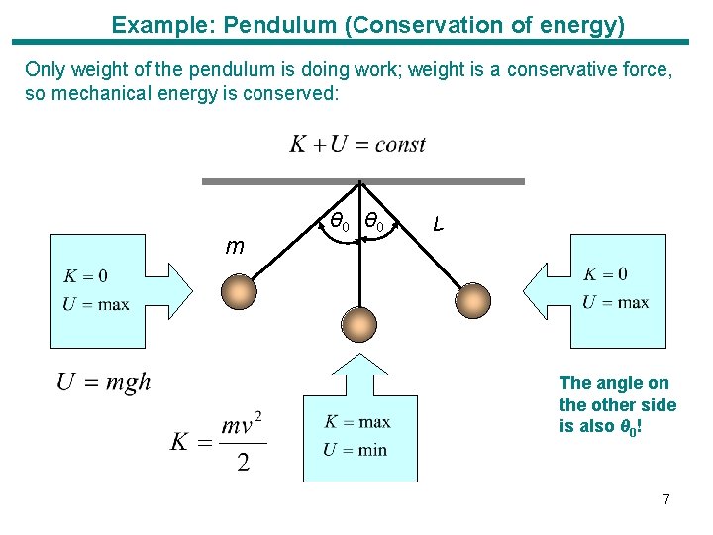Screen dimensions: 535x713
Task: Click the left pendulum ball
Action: pyautogui.click(x=240, y=294)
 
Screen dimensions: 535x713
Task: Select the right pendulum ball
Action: pyautogui.click(x=472, y=297)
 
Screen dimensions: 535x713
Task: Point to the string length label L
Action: pyautogui.click(x=438, y=224)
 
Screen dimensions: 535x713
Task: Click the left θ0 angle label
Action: pyautogui.click(x=339, y=221)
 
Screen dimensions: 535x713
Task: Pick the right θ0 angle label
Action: pyautogui.click(x=374, y=221)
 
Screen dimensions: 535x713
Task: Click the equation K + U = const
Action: pyautogui.click(x=357, y=145)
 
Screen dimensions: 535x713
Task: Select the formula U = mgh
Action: pyautogui.click(x=104, y=382)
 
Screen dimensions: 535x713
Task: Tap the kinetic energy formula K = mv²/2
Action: pyautogui.click(x=218, y=441)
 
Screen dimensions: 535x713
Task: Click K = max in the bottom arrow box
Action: pyautogui.click(x=356, y=423)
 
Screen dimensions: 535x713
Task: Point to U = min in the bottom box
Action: pyautogui.click(x=355, y=450)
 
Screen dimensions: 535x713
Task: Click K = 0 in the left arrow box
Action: pyautogui.click(x=85, y=276)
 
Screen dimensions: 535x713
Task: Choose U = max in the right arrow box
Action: pyautogui.click(x=615, y=302)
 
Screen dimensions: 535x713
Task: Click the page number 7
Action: pyautogui.click(x=666, y=499)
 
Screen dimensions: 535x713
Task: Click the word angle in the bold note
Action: pyautogui.click(x=622, y=383)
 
